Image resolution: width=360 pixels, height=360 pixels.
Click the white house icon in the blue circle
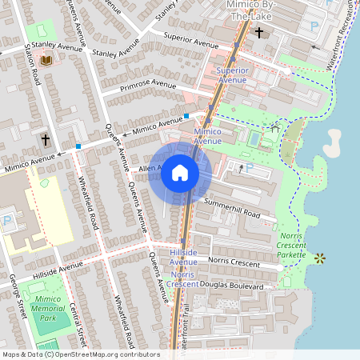tap(180, 173)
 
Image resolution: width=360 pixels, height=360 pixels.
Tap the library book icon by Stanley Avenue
tap(46, 60)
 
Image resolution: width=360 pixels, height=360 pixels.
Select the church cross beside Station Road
tap(46, 140)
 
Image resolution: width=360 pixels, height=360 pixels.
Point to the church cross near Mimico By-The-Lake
tap(259, 33)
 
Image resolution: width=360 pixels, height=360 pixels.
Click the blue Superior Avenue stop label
tap(232, 75)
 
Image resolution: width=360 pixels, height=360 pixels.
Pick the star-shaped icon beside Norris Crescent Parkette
tap(320, 258)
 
